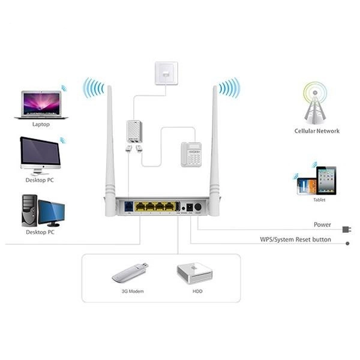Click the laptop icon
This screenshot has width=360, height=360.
[x=41, y=104]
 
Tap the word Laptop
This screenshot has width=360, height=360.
[x=41, y=125]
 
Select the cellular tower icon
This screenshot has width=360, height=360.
[x=316, y=102]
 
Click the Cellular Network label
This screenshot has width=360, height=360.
[x=317, y=131]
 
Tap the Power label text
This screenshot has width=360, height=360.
[x=322, y=225]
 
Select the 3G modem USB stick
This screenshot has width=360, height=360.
[x=130, y=273]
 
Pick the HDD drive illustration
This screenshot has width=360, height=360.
[x=194, y=273]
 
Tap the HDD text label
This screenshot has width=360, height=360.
[x=194, y=291]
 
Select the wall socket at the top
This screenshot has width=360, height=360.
[x=166, y=72]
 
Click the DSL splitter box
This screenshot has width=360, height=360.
[x=134, y=131]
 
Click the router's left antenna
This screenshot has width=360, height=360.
[x=110, y=150]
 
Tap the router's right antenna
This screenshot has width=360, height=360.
[x=214, y=150]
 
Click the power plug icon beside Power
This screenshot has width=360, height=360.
[x=346, y=229]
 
